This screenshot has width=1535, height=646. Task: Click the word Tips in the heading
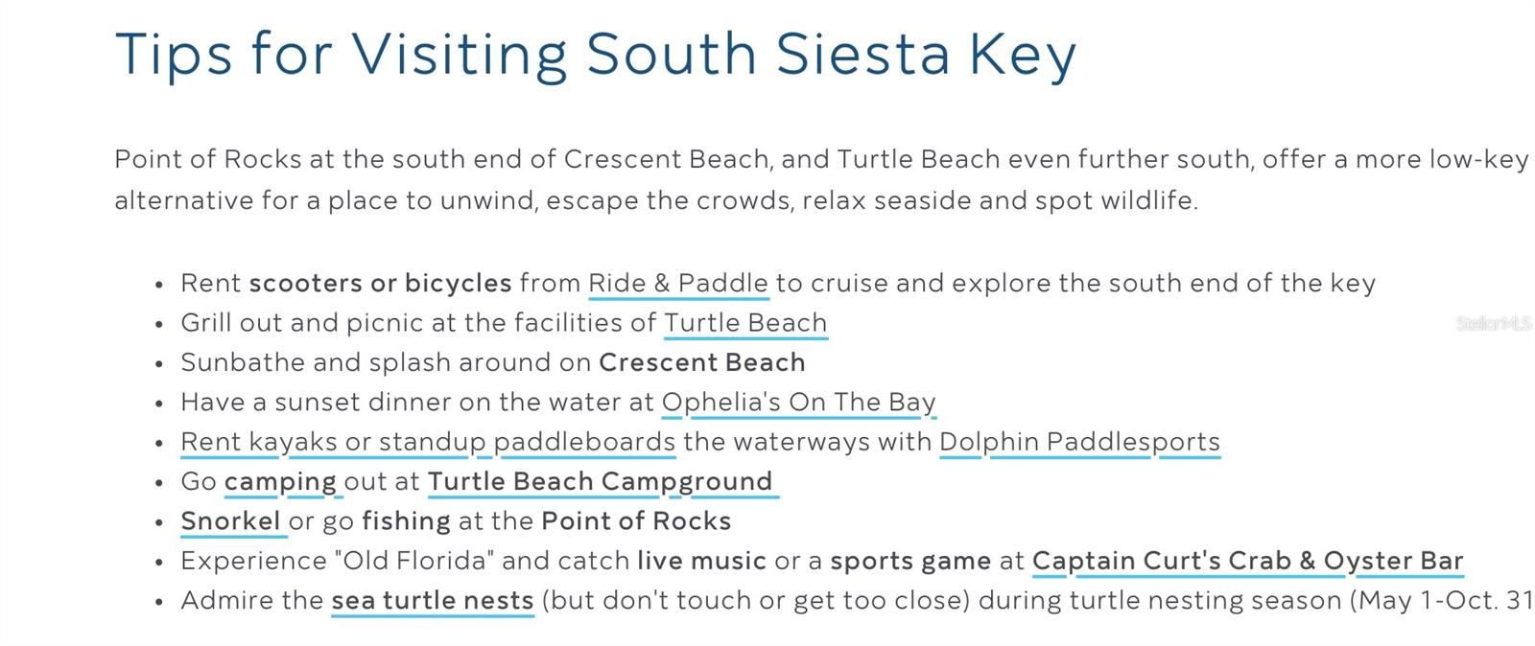click(x=174, y=55)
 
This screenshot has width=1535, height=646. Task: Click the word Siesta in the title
click(x=862, y=54)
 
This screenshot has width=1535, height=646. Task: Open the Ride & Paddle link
click(x=678, y=284)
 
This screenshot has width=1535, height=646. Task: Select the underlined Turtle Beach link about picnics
click(x=745, y=323)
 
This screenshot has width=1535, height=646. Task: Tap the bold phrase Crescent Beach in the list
click(x=701, y=362)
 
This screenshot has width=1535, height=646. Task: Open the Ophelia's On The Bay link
click(x=798, y=403)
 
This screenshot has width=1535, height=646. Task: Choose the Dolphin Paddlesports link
click(x=1079, y=442)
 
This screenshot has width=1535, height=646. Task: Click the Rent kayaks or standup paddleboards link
click(x=428, y=442)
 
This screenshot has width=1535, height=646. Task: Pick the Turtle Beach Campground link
click(x=601, y=482)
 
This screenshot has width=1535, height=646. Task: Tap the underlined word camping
click(x=279, y=482)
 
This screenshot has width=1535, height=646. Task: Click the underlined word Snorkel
click(x=230, y=521)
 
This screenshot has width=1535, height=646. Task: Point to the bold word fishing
click(x=406, y=521)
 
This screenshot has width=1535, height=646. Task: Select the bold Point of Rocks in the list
click(x=636, y=521)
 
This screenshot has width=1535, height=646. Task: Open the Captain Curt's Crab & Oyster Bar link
click(x=1248, y=561)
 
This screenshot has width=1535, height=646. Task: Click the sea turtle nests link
click(x=433, y=601)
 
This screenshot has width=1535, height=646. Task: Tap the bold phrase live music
click(x=701, y=561)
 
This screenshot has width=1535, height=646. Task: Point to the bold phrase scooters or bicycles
click(x=380, y=284)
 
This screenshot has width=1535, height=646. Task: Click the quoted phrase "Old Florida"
click(x=413, y=561)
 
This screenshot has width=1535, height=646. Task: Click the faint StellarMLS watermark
click(x=1494, y=324)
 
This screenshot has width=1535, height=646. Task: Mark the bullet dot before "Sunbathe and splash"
click(x=159, y=364)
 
